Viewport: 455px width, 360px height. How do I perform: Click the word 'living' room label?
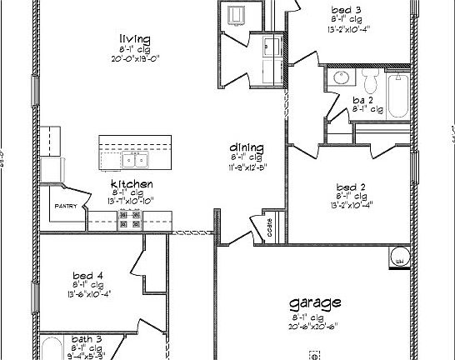coord(134,38)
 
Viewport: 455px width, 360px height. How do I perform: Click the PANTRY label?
coord(66,205)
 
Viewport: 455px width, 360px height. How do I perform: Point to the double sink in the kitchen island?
coord(133,158)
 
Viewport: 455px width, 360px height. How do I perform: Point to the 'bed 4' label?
coord(87,275)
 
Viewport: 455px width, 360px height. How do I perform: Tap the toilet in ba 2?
coord(370,81)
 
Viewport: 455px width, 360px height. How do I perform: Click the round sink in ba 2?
coord(340,78)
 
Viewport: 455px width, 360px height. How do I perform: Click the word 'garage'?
coord(314,302)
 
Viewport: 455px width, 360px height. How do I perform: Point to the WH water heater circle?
coord(399,257)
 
